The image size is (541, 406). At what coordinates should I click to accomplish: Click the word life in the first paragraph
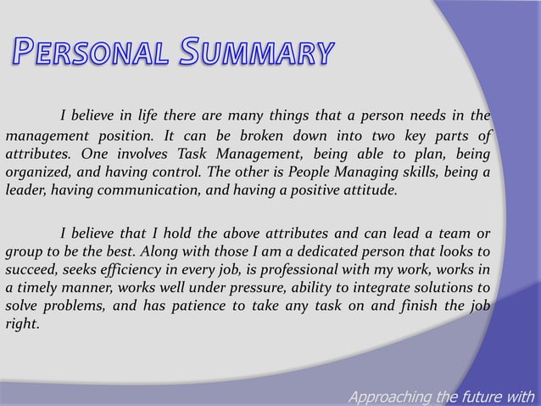[158, 116]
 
